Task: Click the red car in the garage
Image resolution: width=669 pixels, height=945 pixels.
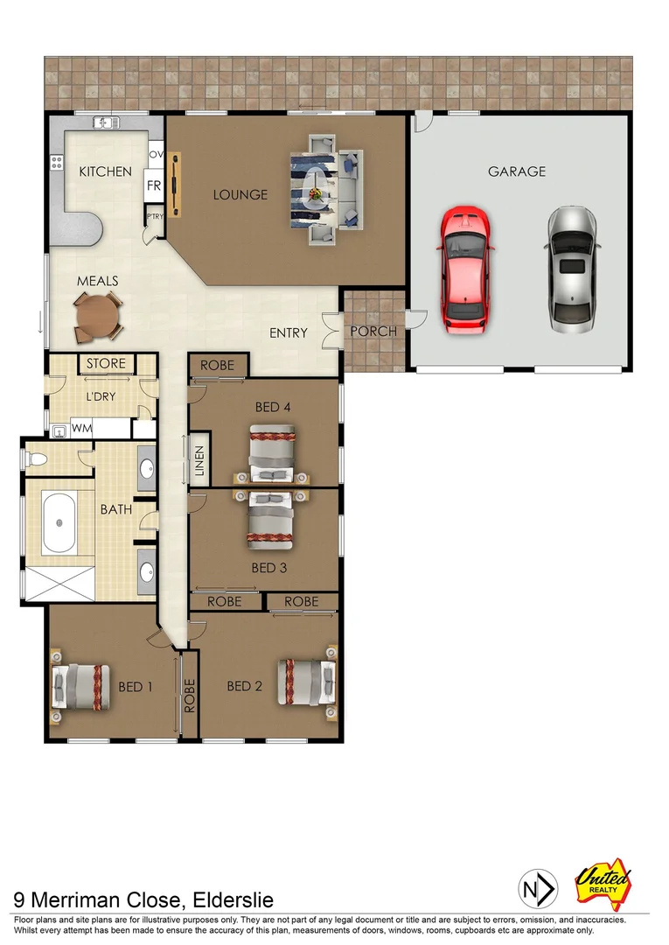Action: pyautogui.click(x=466, y=269)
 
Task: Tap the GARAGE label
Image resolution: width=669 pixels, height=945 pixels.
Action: pyautogui.click(x=517, y=171)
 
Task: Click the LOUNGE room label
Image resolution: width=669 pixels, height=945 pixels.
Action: pyautogui.click(x=240, y=194)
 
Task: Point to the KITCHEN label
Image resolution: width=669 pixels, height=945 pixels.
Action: pyautogui.click(x=106, y=171)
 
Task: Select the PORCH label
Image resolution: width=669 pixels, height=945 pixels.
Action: pyautogui.click(x=373, y=332)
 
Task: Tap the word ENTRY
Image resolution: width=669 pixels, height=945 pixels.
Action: pyautogui.click(x=289, y=332)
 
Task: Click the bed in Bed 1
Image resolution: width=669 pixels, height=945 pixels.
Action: pyautogui.click(x=80, y=686)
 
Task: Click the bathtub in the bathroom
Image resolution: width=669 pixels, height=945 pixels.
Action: pyautogui.click(x=59, y=522)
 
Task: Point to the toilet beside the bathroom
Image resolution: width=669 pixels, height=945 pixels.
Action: pyautogui.click(x=39, y=458)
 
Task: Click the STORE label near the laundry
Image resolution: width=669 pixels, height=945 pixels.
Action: pyautogui.click(x=106, y=363)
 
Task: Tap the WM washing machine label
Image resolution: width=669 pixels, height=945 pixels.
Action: pyautogui.click(x=82, y=429)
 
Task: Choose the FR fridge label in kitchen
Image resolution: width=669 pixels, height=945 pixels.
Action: pyautogui.click(x=154, y=185)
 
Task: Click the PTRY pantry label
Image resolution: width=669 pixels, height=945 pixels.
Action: pyautogui.click(x=154, y=216)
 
